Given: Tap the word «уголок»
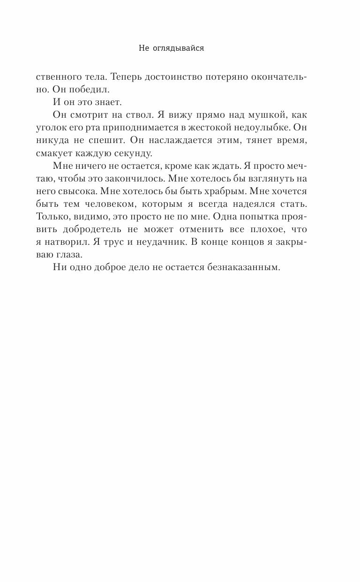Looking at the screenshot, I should (52, 127).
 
